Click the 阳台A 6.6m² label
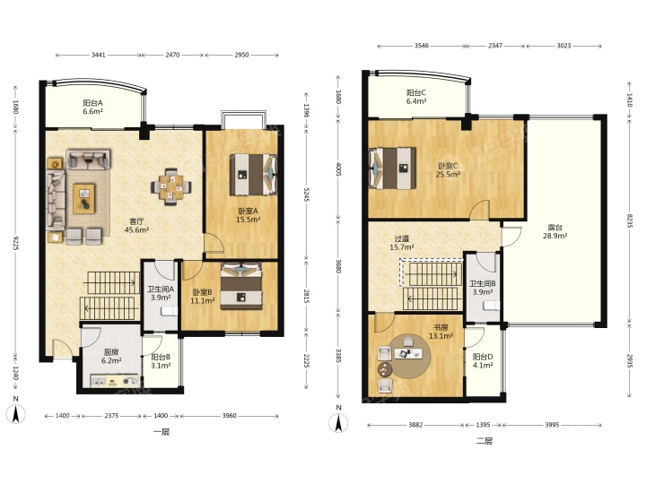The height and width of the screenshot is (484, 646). (x=92, y=107)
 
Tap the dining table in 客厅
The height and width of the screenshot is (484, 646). (x=171, y=186)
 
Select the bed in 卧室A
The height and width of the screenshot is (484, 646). (x=253, y=175)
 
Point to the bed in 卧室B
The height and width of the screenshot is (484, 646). (x=241, y=287)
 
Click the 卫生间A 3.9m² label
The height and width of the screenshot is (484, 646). (x=161, y=293)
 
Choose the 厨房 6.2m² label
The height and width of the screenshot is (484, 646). (x=111, y=357)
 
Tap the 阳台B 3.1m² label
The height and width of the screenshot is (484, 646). (x=161, y=361)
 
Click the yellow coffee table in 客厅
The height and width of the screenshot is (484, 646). (x=84, y=198)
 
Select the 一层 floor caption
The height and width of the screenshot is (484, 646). (x=161, y=432)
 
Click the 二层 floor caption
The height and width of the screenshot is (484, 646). (x=484, y=441)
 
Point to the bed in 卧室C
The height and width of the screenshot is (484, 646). (x=392, y=169)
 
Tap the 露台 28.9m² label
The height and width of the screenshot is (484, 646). (x=555, y=232)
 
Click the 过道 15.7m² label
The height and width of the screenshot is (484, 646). (x=402, y=243)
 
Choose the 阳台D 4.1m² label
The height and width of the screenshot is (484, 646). (x=483, y=361)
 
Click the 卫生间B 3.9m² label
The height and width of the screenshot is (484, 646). (x=483, y=288)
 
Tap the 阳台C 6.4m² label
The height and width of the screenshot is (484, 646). (x=416, y=97)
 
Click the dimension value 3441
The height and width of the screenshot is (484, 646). (x=99, y=55)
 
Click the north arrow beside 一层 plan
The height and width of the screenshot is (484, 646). (x=16, y=413)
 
